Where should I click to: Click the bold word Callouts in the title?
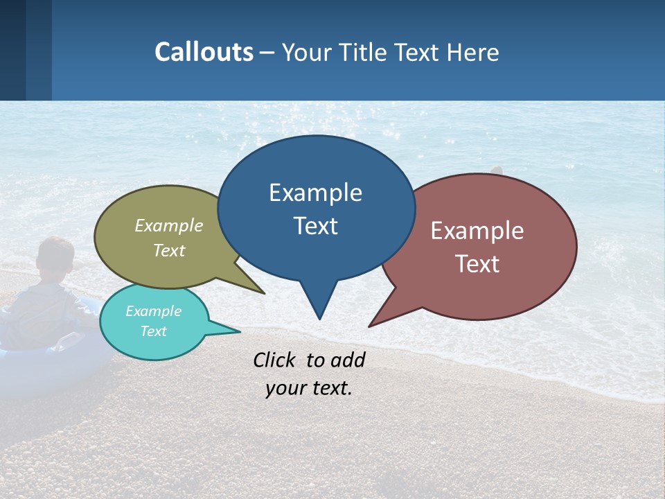tap(204, 52)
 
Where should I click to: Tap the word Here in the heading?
tap(473, 53)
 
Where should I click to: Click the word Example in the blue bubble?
tap(315, 193)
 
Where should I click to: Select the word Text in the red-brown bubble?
tap(478, 264)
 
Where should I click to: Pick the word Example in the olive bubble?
tap(169, 226)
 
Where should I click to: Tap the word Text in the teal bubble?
tap(154, 331)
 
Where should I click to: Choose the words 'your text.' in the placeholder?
tap(309, 388)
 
